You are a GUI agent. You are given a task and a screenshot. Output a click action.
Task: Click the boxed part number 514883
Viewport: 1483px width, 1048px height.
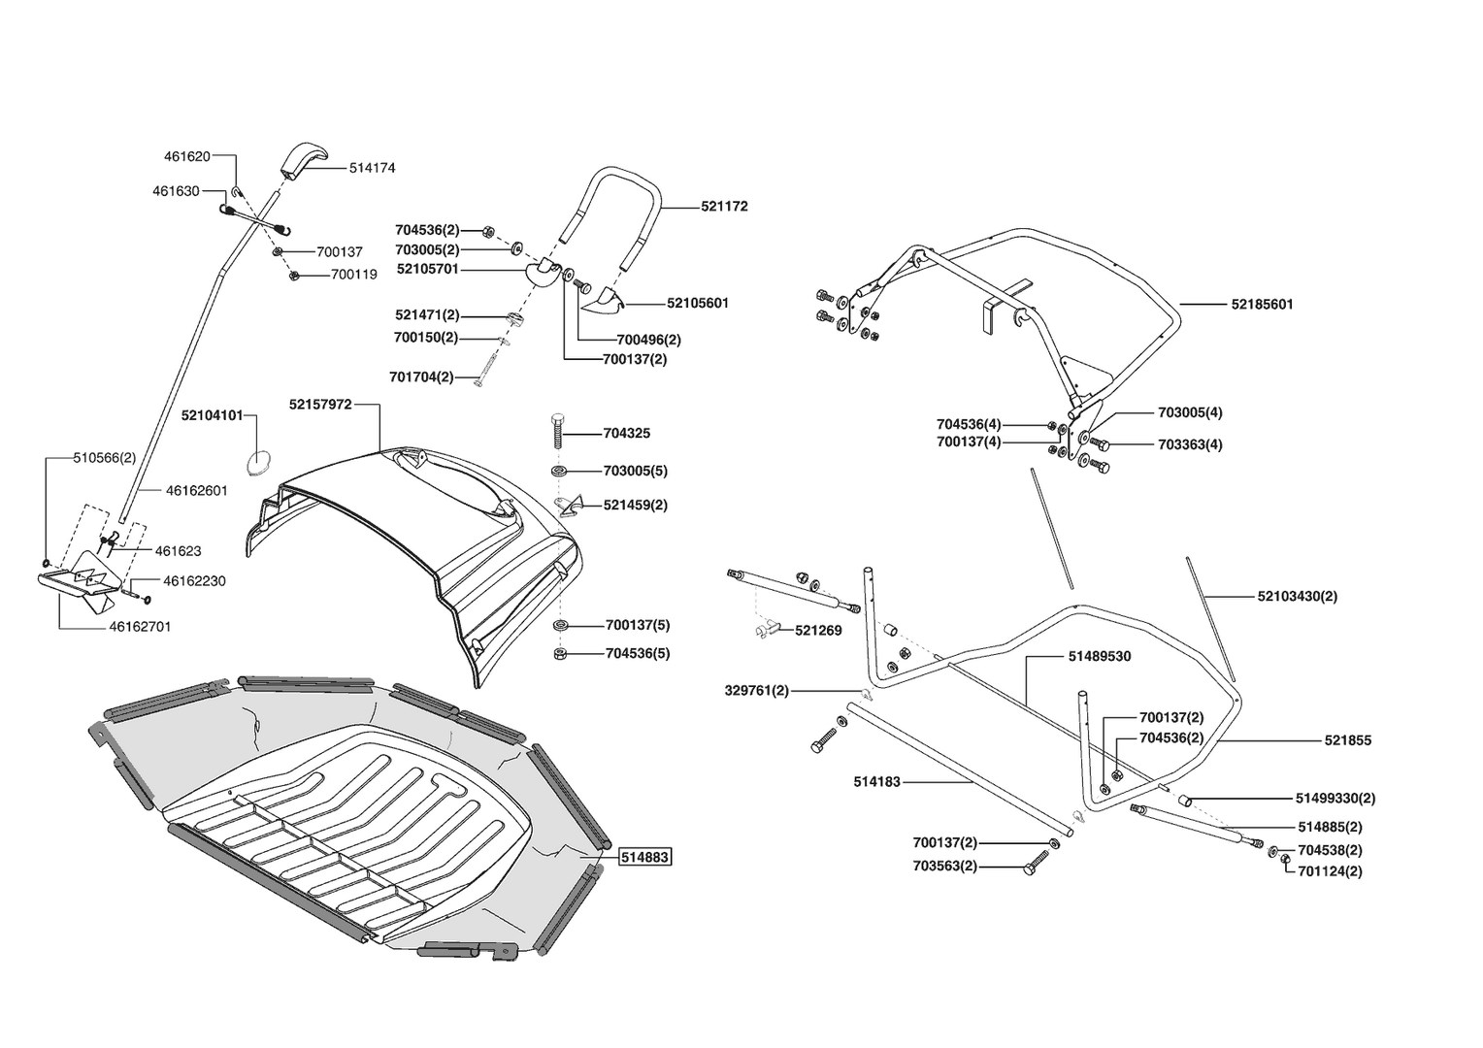coord(645,857)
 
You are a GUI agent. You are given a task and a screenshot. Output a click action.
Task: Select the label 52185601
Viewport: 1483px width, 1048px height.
coord(1262,304)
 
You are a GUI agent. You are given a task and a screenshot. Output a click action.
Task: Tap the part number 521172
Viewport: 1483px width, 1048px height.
coord(724,207)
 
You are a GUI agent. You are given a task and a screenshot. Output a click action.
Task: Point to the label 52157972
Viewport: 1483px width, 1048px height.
coord(319,404)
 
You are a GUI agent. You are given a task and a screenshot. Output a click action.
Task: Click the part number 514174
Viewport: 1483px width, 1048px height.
coord(372,168)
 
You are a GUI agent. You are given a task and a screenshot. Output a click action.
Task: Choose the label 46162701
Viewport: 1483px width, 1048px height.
coord(140,627)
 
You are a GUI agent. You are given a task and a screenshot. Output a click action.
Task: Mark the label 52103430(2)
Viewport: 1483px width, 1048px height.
coord(1297,596)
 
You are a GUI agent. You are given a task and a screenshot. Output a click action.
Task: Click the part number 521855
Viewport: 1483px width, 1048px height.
coord(1348,740)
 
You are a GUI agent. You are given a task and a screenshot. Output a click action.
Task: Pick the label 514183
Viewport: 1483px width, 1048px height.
coord(877,781)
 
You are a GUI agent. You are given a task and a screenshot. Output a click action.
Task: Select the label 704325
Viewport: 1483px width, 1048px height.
coord(627,434)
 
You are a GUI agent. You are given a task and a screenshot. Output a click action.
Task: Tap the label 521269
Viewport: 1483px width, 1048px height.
coord(818,631)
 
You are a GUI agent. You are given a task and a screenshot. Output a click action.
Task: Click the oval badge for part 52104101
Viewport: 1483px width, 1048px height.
coord(258,462)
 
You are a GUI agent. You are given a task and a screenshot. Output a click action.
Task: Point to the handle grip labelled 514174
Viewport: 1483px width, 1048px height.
coord(305,159)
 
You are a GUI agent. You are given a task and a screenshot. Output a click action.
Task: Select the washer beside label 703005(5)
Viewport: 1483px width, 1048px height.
coord(560,471)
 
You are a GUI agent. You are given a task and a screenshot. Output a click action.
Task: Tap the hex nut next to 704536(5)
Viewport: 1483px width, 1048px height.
coord(560,653)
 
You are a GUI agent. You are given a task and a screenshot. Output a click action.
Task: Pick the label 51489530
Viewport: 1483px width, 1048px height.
coord(1099,657)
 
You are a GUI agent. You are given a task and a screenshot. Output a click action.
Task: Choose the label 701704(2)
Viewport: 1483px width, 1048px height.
coord(421,377)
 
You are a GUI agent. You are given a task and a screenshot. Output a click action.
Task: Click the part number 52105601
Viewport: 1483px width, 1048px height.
coord(698,303)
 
